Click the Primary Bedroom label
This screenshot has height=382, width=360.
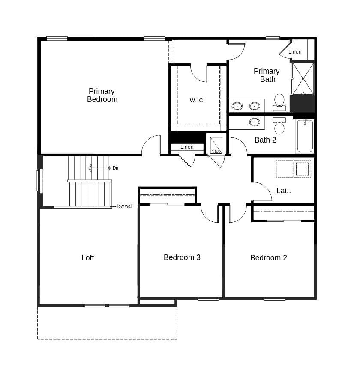102,95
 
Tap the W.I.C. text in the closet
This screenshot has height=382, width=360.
197,101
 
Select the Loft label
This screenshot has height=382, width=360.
87,258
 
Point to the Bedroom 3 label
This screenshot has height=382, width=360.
182,257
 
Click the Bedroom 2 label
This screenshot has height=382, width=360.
268,258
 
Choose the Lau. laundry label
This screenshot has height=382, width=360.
283,191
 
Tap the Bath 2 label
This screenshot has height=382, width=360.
265,140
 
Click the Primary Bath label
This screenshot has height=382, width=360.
267,75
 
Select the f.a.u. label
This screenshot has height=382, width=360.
216,151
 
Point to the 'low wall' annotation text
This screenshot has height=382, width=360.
125,206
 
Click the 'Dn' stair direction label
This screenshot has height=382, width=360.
115,168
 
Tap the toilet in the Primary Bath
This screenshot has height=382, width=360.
279,101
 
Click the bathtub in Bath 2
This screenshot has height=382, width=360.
305,136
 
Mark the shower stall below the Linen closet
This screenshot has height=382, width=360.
303,78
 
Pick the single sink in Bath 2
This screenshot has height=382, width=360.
255,122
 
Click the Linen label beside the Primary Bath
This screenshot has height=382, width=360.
295,52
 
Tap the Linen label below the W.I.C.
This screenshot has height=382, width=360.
187,147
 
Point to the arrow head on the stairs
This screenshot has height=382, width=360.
90,168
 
